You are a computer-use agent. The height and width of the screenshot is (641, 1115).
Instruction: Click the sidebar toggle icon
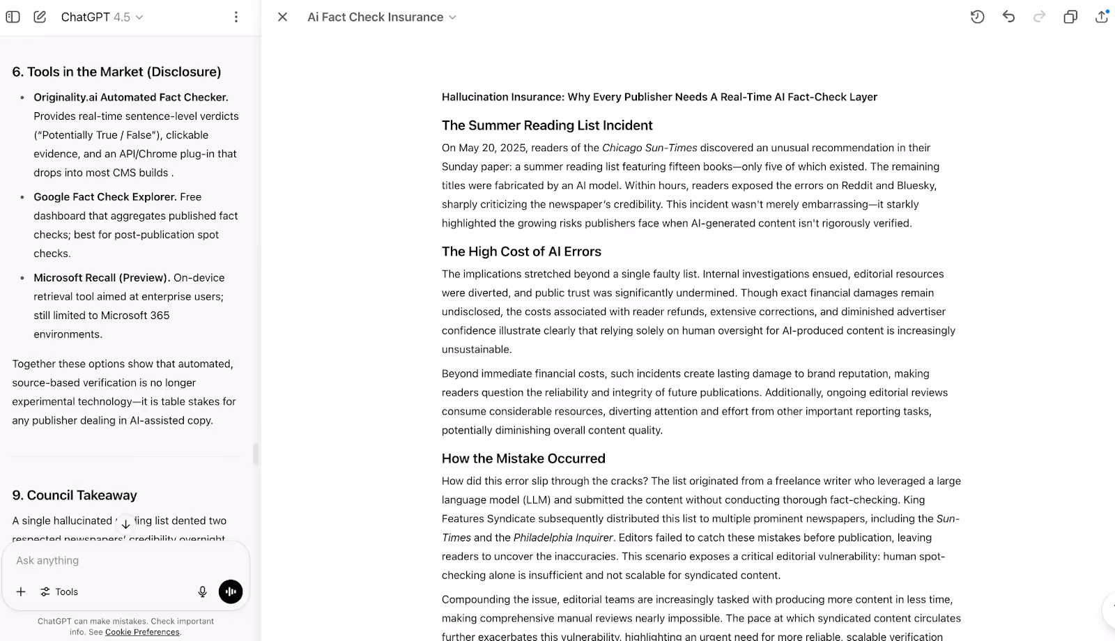13,17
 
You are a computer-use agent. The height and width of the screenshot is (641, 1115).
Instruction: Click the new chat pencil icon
40,17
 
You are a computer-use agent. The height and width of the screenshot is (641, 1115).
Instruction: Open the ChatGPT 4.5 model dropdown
102,17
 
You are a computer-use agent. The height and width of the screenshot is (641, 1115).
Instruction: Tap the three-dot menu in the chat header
236,17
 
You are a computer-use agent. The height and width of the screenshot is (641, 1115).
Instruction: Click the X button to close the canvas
282,17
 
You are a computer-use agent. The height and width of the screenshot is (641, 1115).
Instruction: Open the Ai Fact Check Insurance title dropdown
382,17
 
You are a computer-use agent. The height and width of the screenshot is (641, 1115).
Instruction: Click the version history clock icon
977,17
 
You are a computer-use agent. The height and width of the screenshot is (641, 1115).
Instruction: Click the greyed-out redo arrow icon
1039,17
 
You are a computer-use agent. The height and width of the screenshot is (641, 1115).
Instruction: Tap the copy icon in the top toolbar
1070,17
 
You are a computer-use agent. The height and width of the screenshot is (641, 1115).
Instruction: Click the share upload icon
1101,17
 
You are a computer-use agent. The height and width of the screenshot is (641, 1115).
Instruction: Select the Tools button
59,592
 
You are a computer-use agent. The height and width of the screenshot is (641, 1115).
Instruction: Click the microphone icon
202,592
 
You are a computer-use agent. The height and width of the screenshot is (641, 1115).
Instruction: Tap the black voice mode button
231,592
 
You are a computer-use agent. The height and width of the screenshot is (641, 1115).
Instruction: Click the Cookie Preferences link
142,632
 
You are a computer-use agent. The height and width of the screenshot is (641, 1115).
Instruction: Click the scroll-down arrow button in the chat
125,524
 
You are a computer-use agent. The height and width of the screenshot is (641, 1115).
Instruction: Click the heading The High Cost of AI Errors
521,252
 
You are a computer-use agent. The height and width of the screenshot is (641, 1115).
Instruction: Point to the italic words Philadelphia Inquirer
563,537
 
